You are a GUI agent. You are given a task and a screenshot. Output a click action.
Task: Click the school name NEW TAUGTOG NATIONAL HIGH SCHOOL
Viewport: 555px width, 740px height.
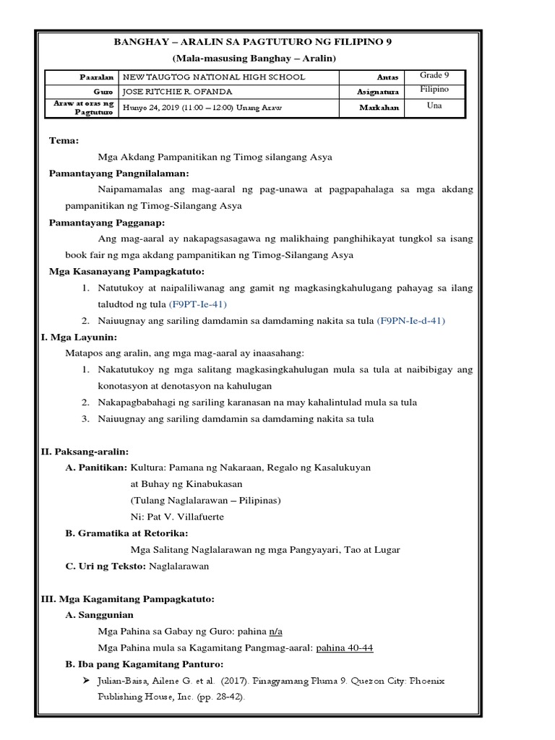click(x=215, y=77)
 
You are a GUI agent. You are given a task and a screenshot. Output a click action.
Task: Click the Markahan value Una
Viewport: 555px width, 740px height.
click(x=434, y=106)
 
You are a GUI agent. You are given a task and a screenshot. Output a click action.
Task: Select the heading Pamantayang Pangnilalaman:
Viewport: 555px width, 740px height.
click(x=119, y=173)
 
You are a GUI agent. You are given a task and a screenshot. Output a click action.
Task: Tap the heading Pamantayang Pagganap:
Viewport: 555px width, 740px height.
click(x=107, y=222)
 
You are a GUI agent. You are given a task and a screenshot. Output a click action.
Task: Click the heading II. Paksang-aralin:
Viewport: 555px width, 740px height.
click(x=84, y=451)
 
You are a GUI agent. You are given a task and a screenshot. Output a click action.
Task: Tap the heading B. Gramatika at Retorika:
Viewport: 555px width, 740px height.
click(x=126, y=533)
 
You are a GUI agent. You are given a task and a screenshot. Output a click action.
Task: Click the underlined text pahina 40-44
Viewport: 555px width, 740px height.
click(x=345, y=647)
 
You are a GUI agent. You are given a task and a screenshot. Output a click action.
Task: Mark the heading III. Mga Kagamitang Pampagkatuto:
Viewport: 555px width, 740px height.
click(x=126, y=599)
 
